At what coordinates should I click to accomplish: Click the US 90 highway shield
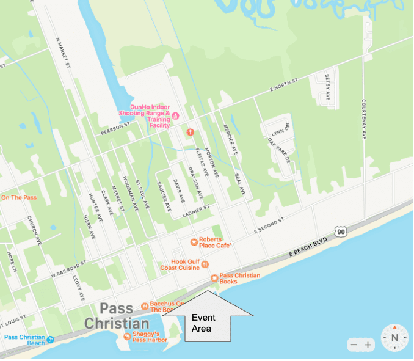tap(341, 231)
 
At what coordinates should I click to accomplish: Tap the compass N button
tap(394, 338)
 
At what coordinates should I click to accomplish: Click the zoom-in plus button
tap(368, 345)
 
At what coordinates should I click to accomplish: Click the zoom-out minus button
tap(353, 345)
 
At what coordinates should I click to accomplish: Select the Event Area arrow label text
tap(203, 323)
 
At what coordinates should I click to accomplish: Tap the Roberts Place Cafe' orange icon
tap(194, 242)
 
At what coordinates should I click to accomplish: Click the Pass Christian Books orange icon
tap(214, 279)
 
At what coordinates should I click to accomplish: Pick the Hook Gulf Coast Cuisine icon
tap(205, 264)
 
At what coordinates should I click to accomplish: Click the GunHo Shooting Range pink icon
tap(175, 116)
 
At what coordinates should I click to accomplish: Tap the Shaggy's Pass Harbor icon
tap(127, 337)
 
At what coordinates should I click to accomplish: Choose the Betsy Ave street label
tap(327, 86)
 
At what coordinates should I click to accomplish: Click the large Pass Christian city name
tap(116, 316)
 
